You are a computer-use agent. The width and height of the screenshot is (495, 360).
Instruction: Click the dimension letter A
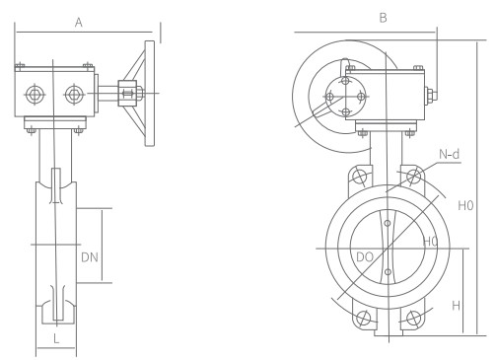(79, 23)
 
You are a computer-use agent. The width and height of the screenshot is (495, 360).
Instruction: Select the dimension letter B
(383, 18)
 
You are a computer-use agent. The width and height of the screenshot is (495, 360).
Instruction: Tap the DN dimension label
(90, 257)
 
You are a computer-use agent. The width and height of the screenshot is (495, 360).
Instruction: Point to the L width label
(56, 338)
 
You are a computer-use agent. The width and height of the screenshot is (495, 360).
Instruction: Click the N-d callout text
(450, 154)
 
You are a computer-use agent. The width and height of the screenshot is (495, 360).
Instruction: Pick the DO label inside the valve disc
(365, 256)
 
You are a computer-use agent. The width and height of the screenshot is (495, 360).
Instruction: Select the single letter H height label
(456, 306)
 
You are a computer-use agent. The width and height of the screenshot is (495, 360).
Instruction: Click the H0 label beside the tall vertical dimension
(465, 205)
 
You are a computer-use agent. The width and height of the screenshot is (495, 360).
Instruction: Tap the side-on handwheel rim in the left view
(150, 94)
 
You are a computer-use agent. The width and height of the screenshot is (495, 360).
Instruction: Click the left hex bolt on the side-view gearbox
(35, 95)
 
